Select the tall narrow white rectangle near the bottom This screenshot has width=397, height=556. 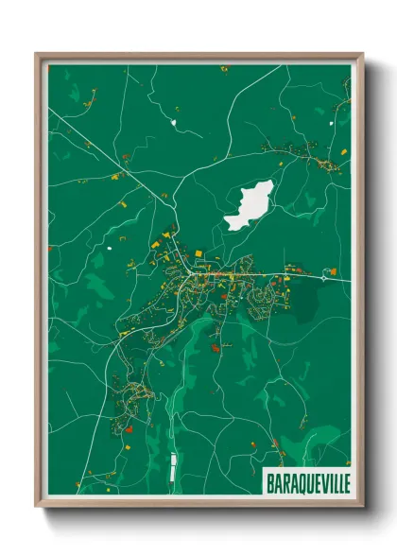(173, 464)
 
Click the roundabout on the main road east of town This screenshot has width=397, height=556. (328, 276)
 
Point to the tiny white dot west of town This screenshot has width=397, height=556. (110, 249)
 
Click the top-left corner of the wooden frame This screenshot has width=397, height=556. (37, 54)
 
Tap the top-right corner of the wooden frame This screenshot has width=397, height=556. (362, 54)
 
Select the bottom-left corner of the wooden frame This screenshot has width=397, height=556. (37, 507)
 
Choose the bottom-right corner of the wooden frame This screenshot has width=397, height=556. (362, 507)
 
